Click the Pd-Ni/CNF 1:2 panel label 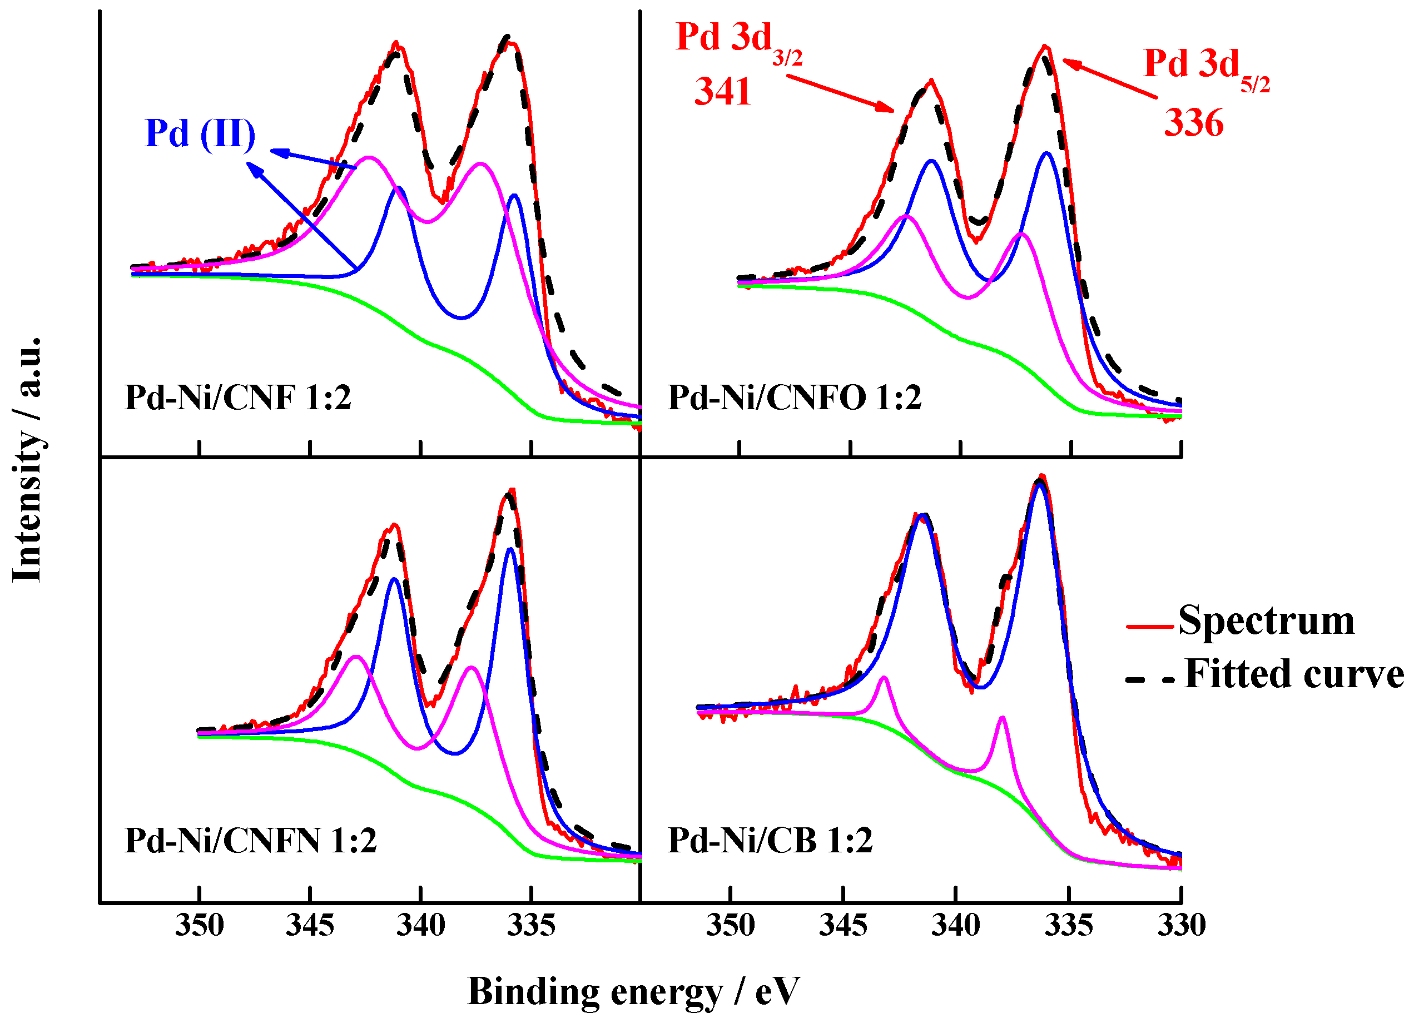(237, 398)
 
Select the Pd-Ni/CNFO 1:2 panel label (793, 398)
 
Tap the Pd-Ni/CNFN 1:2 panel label (251, 841)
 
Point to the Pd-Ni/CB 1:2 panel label (770, 841)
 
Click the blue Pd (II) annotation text (200, 133)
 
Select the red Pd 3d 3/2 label (738, 40)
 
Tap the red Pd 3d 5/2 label (1206, 67)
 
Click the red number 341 (723, 92)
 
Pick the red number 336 (1193, 123)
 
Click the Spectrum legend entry (1266, 621)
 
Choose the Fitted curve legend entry (1294, 675)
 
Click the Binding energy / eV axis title (632, 992)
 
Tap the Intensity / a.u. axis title (27, 459)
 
